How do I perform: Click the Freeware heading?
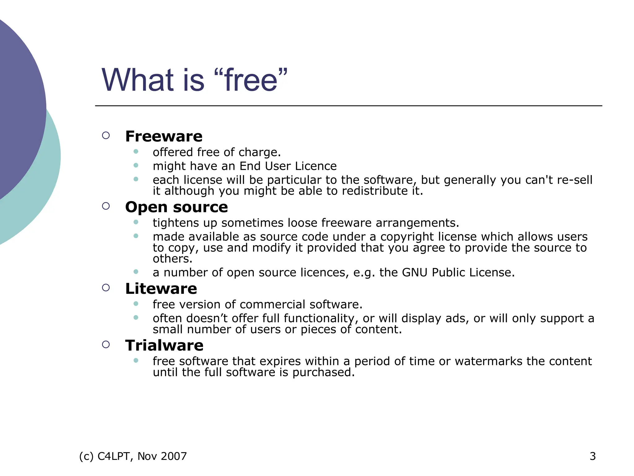click(164, 136)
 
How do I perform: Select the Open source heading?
click(176, 207)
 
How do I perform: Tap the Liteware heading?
click(161, 289)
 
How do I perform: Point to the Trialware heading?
click(164, 346)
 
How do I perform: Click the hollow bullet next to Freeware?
click(106, 135)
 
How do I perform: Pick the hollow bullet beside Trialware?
click(106, 345)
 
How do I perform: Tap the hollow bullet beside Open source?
click(106, 206)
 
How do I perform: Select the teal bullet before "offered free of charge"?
click(136, 152)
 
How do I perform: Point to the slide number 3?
click(593, 456)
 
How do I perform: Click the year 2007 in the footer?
click(174, 456)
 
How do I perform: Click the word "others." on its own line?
click(172, 259)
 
